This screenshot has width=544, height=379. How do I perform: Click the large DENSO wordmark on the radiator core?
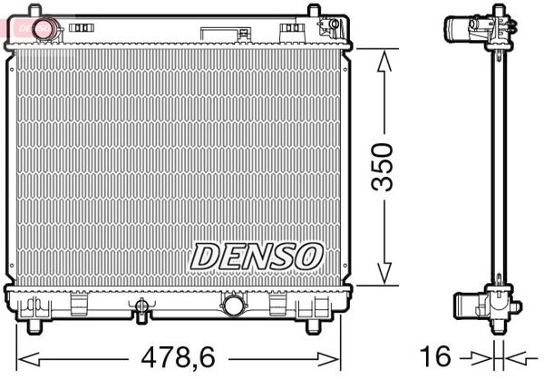[256, 255]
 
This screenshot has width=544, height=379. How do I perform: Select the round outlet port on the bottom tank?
[233, 305]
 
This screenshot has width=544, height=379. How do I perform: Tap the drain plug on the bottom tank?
[141, 314]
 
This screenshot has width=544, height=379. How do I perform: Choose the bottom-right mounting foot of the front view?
[313, 324]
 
